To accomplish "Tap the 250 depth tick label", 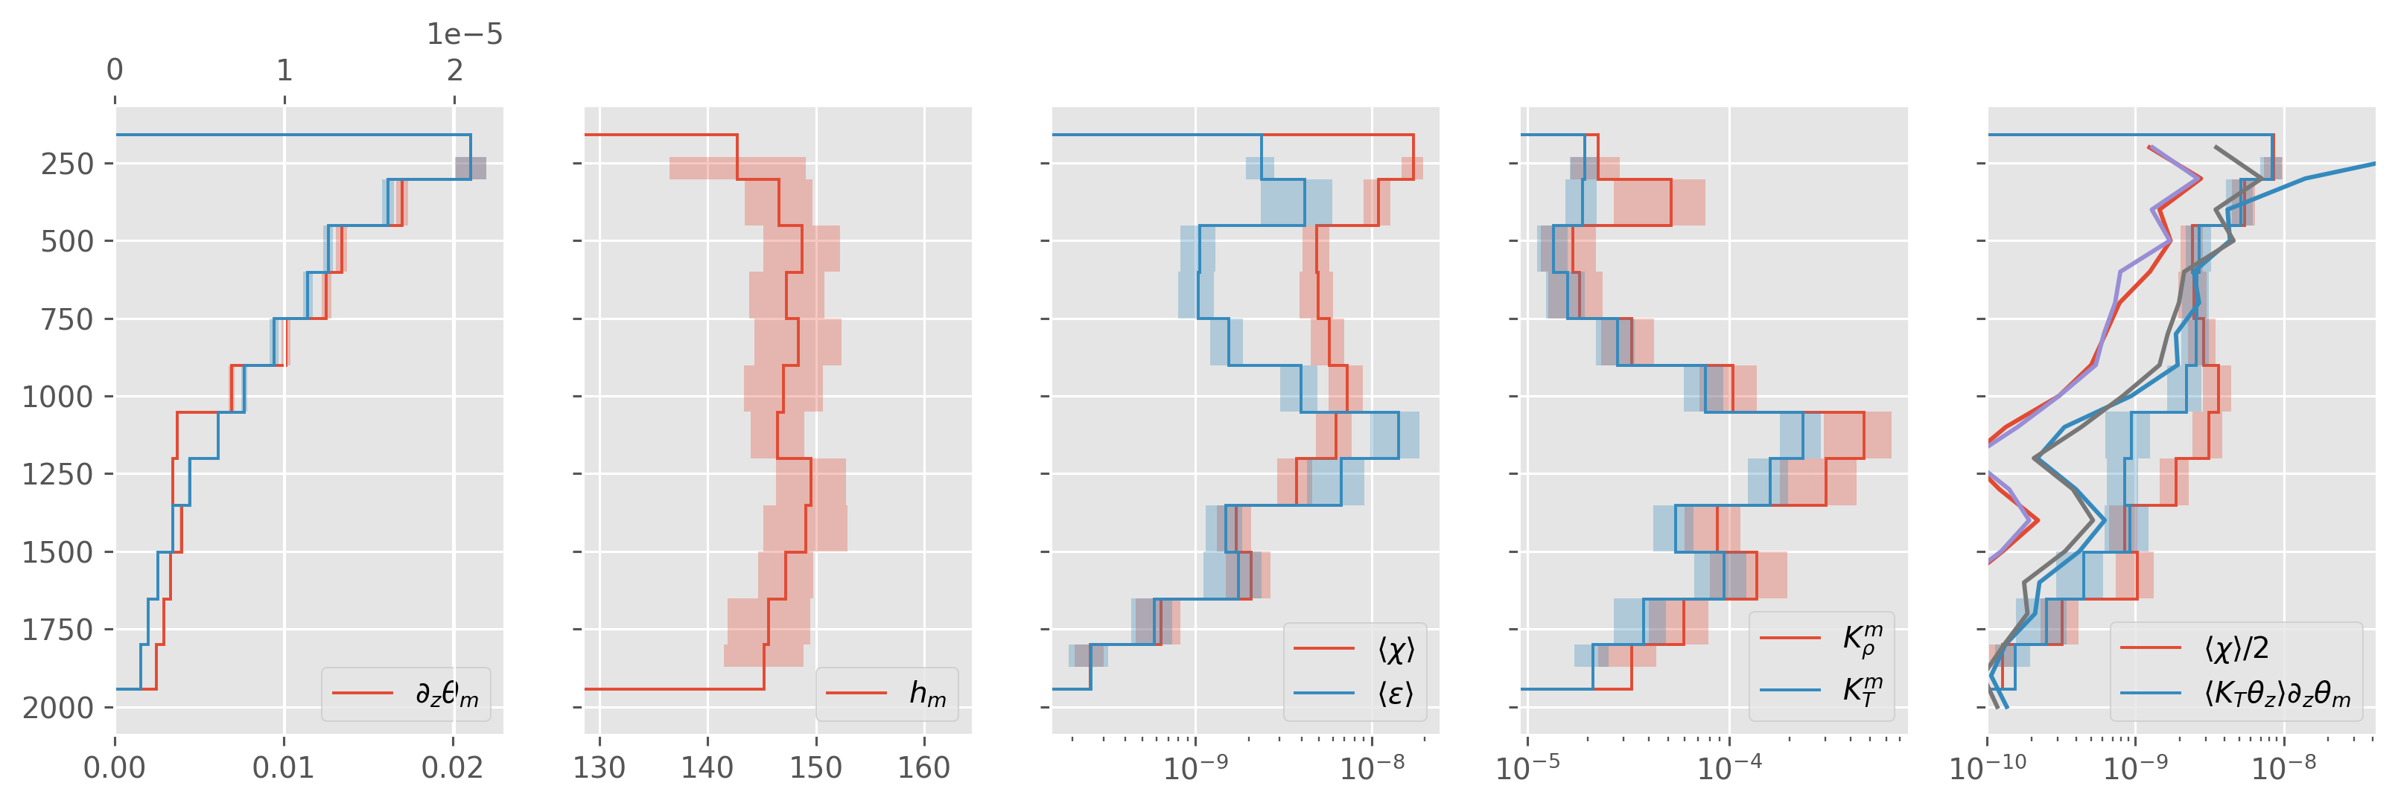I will tap(67, 164).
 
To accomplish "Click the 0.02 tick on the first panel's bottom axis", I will tap(453, 768).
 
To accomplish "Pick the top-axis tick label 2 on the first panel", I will tap(454, 70).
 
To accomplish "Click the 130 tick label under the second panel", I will tap(599, 768).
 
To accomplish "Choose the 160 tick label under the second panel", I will tap(924, 768).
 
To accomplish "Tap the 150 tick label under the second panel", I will tap(816, 768).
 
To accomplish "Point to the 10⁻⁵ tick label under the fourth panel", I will tap(1527, 768).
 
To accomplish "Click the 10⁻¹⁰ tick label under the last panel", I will tap(1988, 768).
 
